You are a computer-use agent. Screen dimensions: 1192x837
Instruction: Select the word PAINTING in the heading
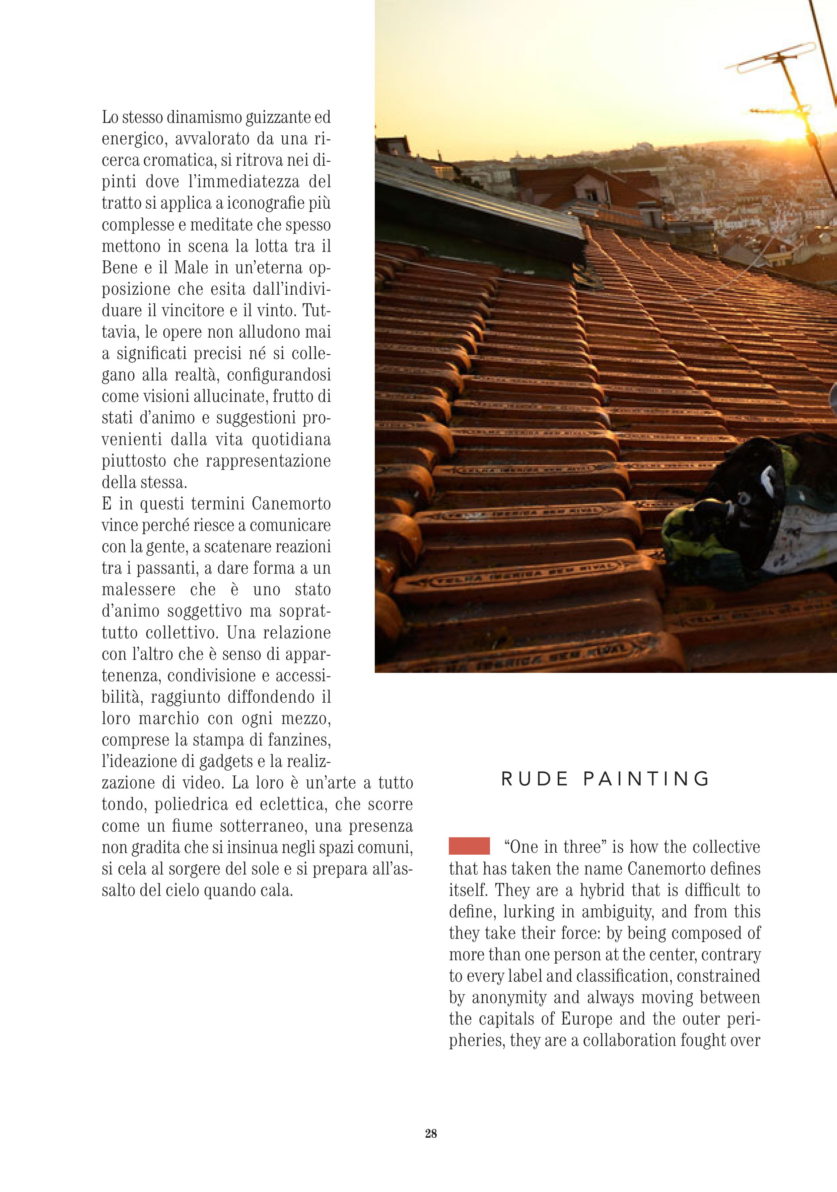pyautogui.click(x=646, y=779)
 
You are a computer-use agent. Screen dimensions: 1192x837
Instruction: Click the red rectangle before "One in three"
pyautogui.click(x=469, y=846)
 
